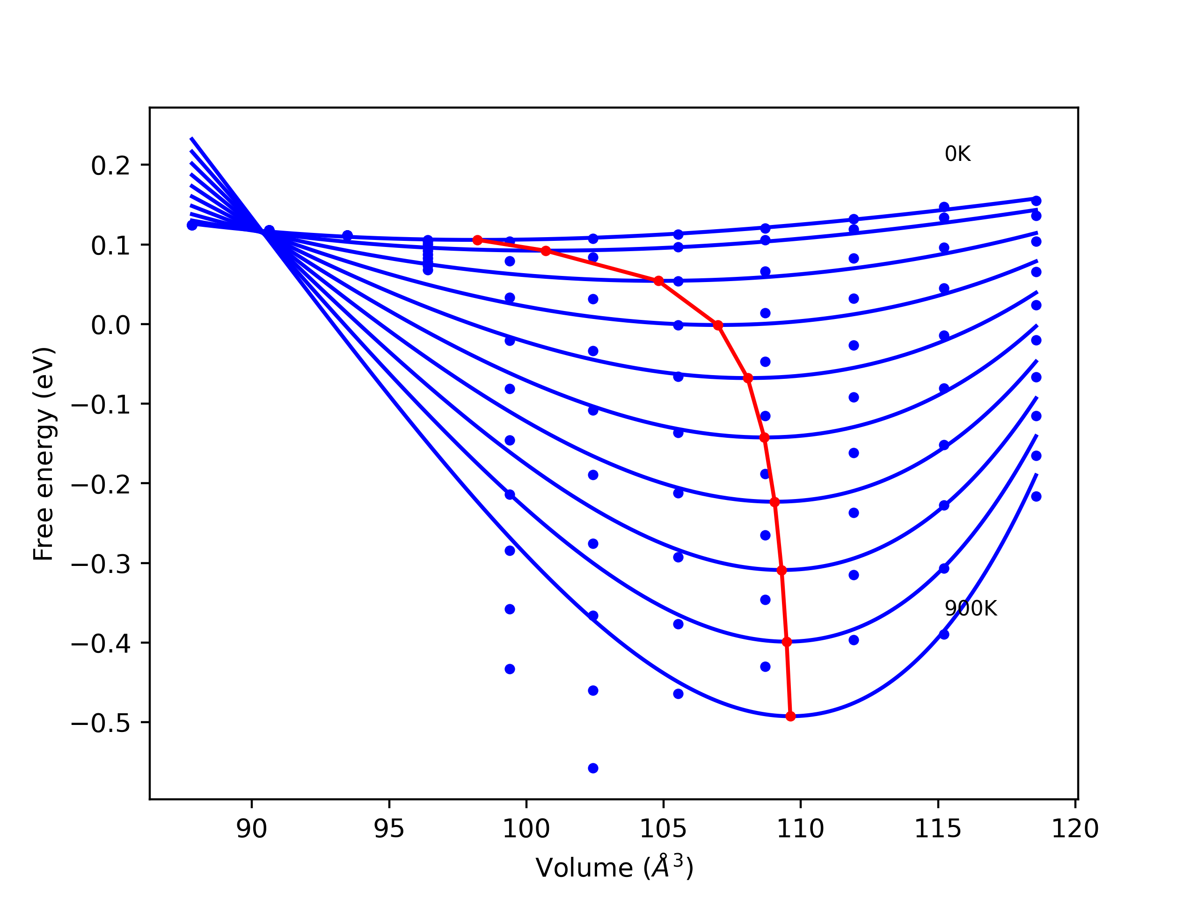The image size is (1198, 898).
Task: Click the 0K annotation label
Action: [x=957, y=154]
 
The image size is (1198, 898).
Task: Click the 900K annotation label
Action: [x=971, y=609]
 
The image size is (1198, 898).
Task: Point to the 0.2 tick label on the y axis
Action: [x=110, y=166]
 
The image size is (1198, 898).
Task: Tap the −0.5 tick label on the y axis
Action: [x=101, y=724]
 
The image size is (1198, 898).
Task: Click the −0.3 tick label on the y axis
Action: [x=101, y=565]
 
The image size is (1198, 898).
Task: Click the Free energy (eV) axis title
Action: [x=44, y=454]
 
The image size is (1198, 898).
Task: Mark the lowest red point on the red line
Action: [x=790, y=716]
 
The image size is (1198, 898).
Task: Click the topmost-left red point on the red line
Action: [x=477, y=240]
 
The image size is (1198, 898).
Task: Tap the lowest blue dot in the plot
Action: [x=593, y=768]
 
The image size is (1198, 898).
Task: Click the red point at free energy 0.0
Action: [x=718, y=326]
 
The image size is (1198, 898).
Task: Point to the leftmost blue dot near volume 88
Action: [x=192, y=225]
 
